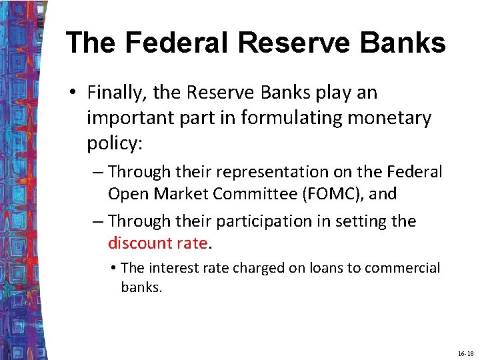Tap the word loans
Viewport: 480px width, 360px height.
pyautogui.click(x=329, y=268)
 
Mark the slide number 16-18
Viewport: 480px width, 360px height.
pyautogui.click(x=465, y=353)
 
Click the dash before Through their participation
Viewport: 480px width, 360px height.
pyautogui.click(x=98, y=221)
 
